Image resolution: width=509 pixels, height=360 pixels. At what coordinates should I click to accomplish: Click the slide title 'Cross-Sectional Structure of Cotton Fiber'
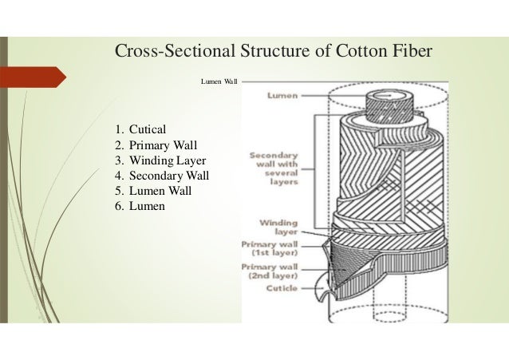274,52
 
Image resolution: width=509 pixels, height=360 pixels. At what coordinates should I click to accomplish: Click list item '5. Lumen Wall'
153,191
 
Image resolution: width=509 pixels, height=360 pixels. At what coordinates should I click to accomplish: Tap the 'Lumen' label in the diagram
283,96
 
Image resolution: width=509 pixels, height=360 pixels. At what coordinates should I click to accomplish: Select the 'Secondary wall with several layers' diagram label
274,168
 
